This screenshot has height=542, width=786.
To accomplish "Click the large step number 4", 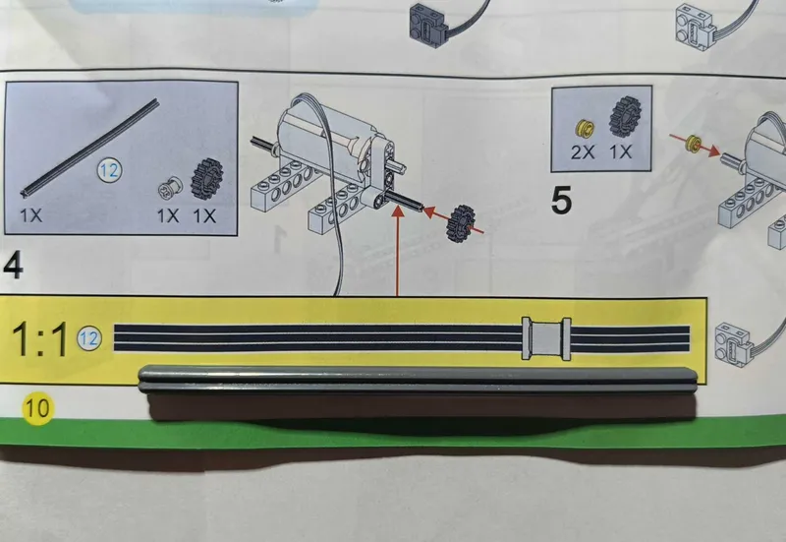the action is [x=13, y=266].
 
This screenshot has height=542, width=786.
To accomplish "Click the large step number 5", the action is [x=561, y=201].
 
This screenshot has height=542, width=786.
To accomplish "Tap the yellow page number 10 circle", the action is [x=37, y=407].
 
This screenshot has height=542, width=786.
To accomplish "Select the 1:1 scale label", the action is [x=39, y=339].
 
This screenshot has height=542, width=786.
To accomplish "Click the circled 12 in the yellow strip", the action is [x=89, y=338].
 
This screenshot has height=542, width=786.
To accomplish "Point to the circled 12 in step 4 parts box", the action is [x=109, y=170].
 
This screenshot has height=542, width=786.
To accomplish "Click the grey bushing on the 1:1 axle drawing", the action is [x=546, y=338].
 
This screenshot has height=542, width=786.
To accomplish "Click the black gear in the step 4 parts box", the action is [x=206, y=180].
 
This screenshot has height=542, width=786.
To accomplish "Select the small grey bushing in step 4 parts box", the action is [x=170, y=188].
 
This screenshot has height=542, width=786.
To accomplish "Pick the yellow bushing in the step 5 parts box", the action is [x=585, y=130].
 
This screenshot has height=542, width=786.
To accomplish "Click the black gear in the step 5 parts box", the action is [x=626, y=118].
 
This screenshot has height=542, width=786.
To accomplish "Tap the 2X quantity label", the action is [x=583, y=152].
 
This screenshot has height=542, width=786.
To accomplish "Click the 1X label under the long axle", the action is [x=31, y=215].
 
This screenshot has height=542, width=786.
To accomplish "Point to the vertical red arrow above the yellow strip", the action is [x=397, y=250].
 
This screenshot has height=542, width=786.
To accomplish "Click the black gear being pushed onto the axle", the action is [x=461, y=224].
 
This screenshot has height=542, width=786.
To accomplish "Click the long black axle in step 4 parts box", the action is [x=89, y=147].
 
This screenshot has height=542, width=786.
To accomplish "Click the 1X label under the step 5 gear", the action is [x=621, y=152].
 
